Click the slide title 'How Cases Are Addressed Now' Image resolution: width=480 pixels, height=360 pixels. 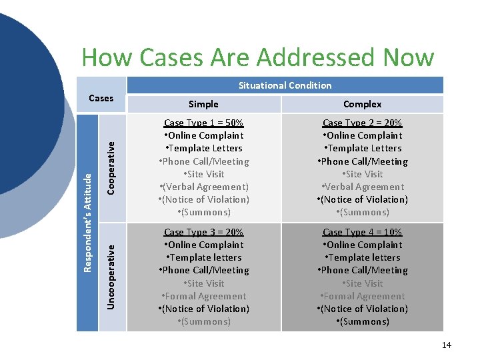click(257, 58)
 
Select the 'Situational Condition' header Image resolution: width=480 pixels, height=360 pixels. click(285, 85)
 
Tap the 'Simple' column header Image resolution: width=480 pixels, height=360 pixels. click(203, 104)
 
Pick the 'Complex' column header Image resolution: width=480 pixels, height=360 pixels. click(362, 104)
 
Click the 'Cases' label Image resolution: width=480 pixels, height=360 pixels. click(101, 98)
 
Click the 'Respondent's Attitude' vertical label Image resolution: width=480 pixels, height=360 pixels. click(87, 223)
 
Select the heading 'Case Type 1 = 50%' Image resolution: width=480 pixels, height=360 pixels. click(203, 123)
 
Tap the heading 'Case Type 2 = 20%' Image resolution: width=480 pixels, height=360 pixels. click(362, 123)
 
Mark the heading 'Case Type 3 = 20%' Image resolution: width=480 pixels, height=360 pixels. click(203, 232)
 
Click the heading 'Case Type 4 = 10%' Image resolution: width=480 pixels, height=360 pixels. click(362, 232)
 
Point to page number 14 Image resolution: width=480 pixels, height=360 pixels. click(446, 345)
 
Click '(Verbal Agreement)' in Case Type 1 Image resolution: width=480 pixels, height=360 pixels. click(204, 187)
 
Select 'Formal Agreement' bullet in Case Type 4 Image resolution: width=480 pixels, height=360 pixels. click(363, 296)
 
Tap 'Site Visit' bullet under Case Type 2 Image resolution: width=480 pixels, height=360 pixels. click(363, 174)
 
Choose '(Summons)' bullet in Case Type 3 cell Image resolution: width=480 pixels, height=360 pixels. click(204, 321)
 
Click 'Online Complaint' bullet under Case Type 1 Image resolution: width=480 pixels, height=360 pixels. click(204, 135)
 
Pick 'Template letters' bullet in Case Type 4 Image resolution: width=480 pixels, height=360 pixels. click(363, 257)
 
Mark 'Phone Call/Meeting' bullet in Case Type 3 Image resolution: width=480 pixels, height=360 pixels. click(204, 270)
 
